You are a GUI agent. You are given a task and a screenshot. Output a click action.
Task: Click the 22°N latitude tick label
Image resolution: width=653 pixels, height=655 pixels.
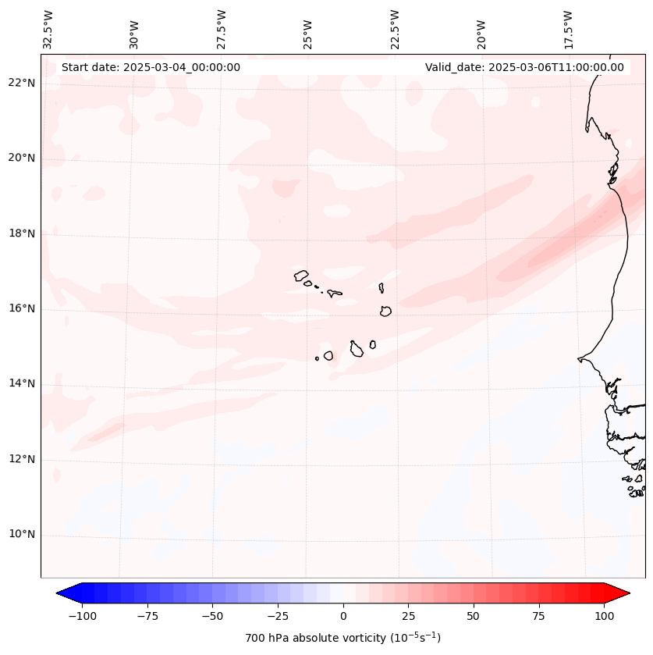pyautogui.click(x=22, y=84)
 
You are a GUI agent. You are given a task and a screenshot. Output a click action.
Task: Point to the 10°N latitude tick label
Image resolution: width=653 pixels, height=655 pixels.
pyautogui.click(x=22, y=535)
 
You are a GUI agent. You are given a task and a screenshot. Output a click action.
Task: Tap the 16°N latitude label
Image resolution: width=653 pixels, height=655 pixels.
pyautogui.click(x=22, y=309)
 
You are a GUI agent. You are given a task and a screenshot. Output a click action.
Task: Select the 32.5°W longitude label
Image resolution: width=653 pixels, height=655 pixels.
pyautogui.click(x=48, y=30)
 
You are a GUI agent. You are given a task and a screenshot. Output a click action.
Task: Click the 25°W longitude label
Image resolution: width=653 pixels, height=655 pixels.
pyautogui.click(x=308, y=30)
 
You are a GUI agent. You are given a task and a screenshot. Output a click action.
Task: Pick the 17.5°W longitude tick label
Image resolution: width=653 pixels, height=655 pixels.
pyautogui.click(x=568, y=30)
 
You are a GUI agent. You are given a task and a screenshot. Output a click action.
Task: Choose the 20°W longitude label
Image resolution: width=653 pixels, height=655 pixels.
pyautogui.click(x=481, y=30)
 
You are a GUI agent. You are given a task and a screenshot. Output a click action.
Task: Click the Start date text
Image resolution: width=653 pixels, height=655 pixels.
pyautogui.click(x=151, y=67)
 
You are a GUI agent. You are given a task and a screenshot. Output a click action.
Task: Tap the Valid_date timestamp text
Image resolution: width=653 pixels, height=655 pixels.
pyautogui.click(x=524, y=67)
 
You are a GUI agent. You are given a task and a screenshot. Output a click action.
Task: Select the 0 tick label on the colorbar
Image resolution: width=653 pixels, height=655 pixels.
pyautogui.click(x=343, y=616)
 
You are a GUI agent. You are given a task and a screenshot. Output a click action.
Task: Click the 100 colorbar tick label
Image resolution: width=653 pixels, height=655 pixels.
pyautogui.click(x=604, y=616)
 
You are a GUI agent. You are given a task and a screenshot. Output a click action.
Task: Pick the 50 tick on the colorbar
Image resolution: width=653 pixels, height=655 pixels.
pyautogui.click(x=474, y=616)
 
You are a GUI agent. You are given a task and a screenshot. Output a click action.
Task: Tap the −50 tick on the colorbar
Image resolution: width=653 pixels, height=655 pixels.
pyautogui.click(x=212, y=616)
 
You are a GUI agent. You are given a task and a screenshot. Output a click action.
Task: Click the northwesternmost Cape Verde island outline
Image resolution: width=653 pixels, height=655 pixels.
pyautogui.click(x=301, y=276)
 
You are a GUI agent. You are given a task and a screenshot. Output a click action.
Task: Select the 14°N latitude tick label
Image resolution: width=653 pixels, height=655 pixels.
pyautogui.click(x=22, y=384)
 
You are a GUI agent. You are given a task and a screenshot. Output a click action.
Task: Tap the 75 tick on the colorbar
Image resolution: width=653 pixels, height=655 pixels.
pyautogui.click(x=538, y=616)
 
